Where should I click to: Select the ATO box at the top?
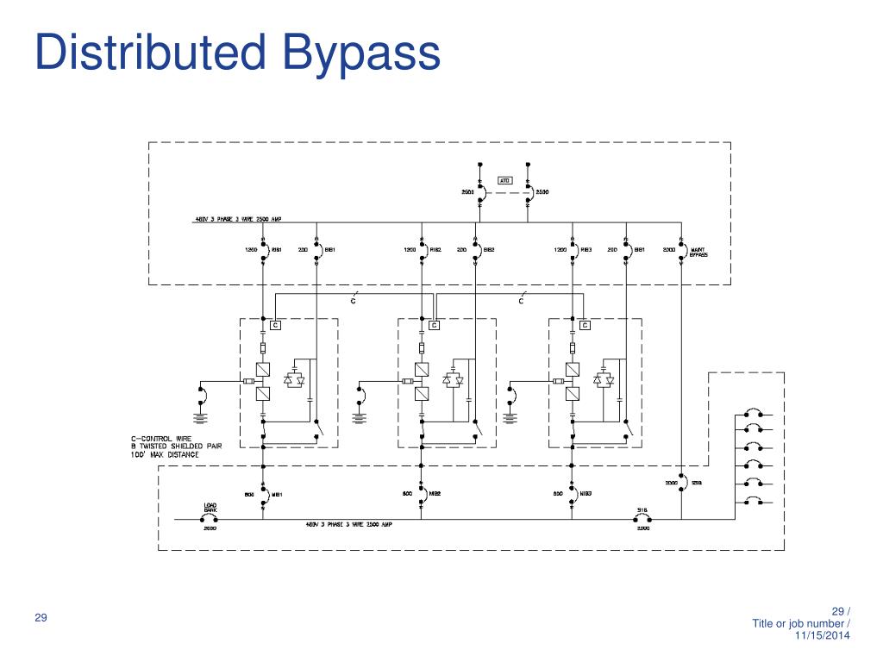tap(505, 181)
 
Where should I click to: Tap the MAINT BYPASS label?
tap(698, 253)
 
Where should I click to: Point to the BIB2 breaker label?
tap(488, 250)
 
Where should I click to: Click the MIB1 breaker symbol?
tap(263, 495)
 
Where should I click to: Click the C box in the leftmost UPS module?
tap(275, 325)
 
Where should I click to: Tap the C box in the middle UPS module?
tap(435, 325)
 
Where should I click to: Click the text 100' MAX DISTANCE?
tap(153, 454)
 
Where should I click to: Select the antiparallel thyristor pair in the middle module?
tap(453, 379)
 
